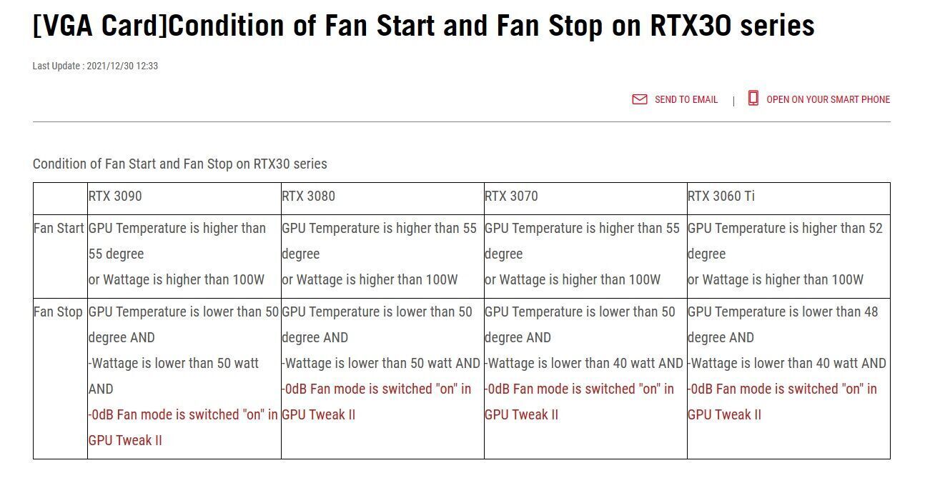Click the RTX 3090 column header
click(x=115, y=196)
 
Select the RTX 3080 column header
click(x=308, y=196)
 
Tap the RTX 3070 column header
click(x=511, y=196)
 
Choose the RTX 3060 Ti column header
click(x=721, y=196)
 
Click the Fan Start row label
click(x=59, y=228)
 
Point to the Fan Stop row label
click(x=58, y=312)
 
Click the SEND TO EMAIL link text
click(x=686, y=99)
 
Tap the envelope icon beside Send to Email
click(x=640, y=99)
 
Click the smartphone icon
click(x=753, y=98)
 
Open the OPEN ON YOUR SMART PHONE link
click(x=828, y=99)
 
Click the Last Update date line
click(x=95, y=66)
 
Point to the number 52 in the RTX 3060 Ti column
click(x=876, y=228)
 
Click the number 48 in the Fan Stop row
click(x=871, y=312)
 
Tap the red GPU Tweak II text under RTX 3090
click(x=125, y=440)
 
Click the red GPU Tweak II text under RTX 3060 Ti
click(x=724, y=414)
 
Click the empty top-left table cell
click(x=60, y=199)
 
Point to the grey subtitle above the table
click(x=179, y=164)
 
